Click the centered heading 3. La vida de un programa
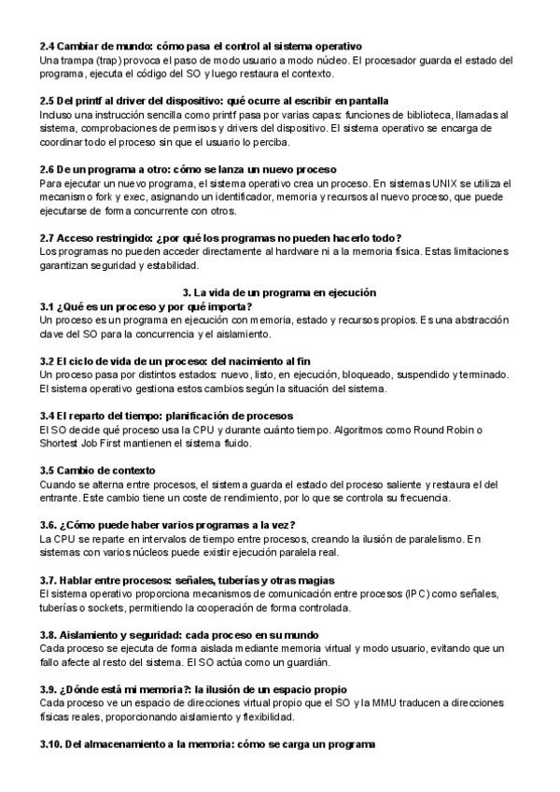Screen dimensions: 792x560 click(x=279, y=292)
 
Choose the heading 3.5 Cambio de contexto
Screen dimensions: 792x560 click(x=97, y=470)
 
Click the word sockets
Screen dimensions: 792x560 click(x=102, y=608)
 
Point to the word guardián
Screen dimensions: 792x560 click(x=304, y=662)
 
